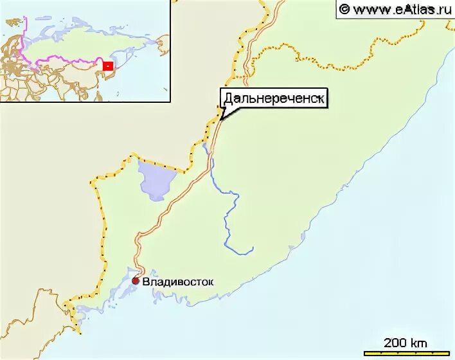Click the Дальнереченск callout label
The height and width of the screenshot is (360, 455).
(274, 98)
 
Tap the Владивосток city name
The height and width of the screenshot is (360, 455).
(177, 281)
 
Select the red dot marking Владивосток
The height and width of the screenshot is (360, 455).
(136, 281)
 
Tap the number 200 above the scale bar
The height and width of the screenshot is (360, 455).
(395, 343)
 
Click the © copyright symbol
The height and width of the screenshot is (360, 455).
(344, 9)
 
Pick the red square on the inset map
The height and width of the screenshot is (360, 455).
(109, 66)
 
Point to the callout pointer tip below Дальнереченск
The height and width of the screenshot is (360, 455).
(220, 119)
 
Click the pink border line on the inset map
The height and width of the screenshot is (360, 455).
(64, 61)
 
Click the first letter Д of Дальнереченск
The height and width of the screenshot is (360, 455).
(227, 98)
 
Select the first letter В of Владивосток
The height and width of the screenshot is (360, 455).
(145, 281)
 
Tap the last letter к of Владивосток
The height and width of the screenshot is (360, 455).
(210, 281)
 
